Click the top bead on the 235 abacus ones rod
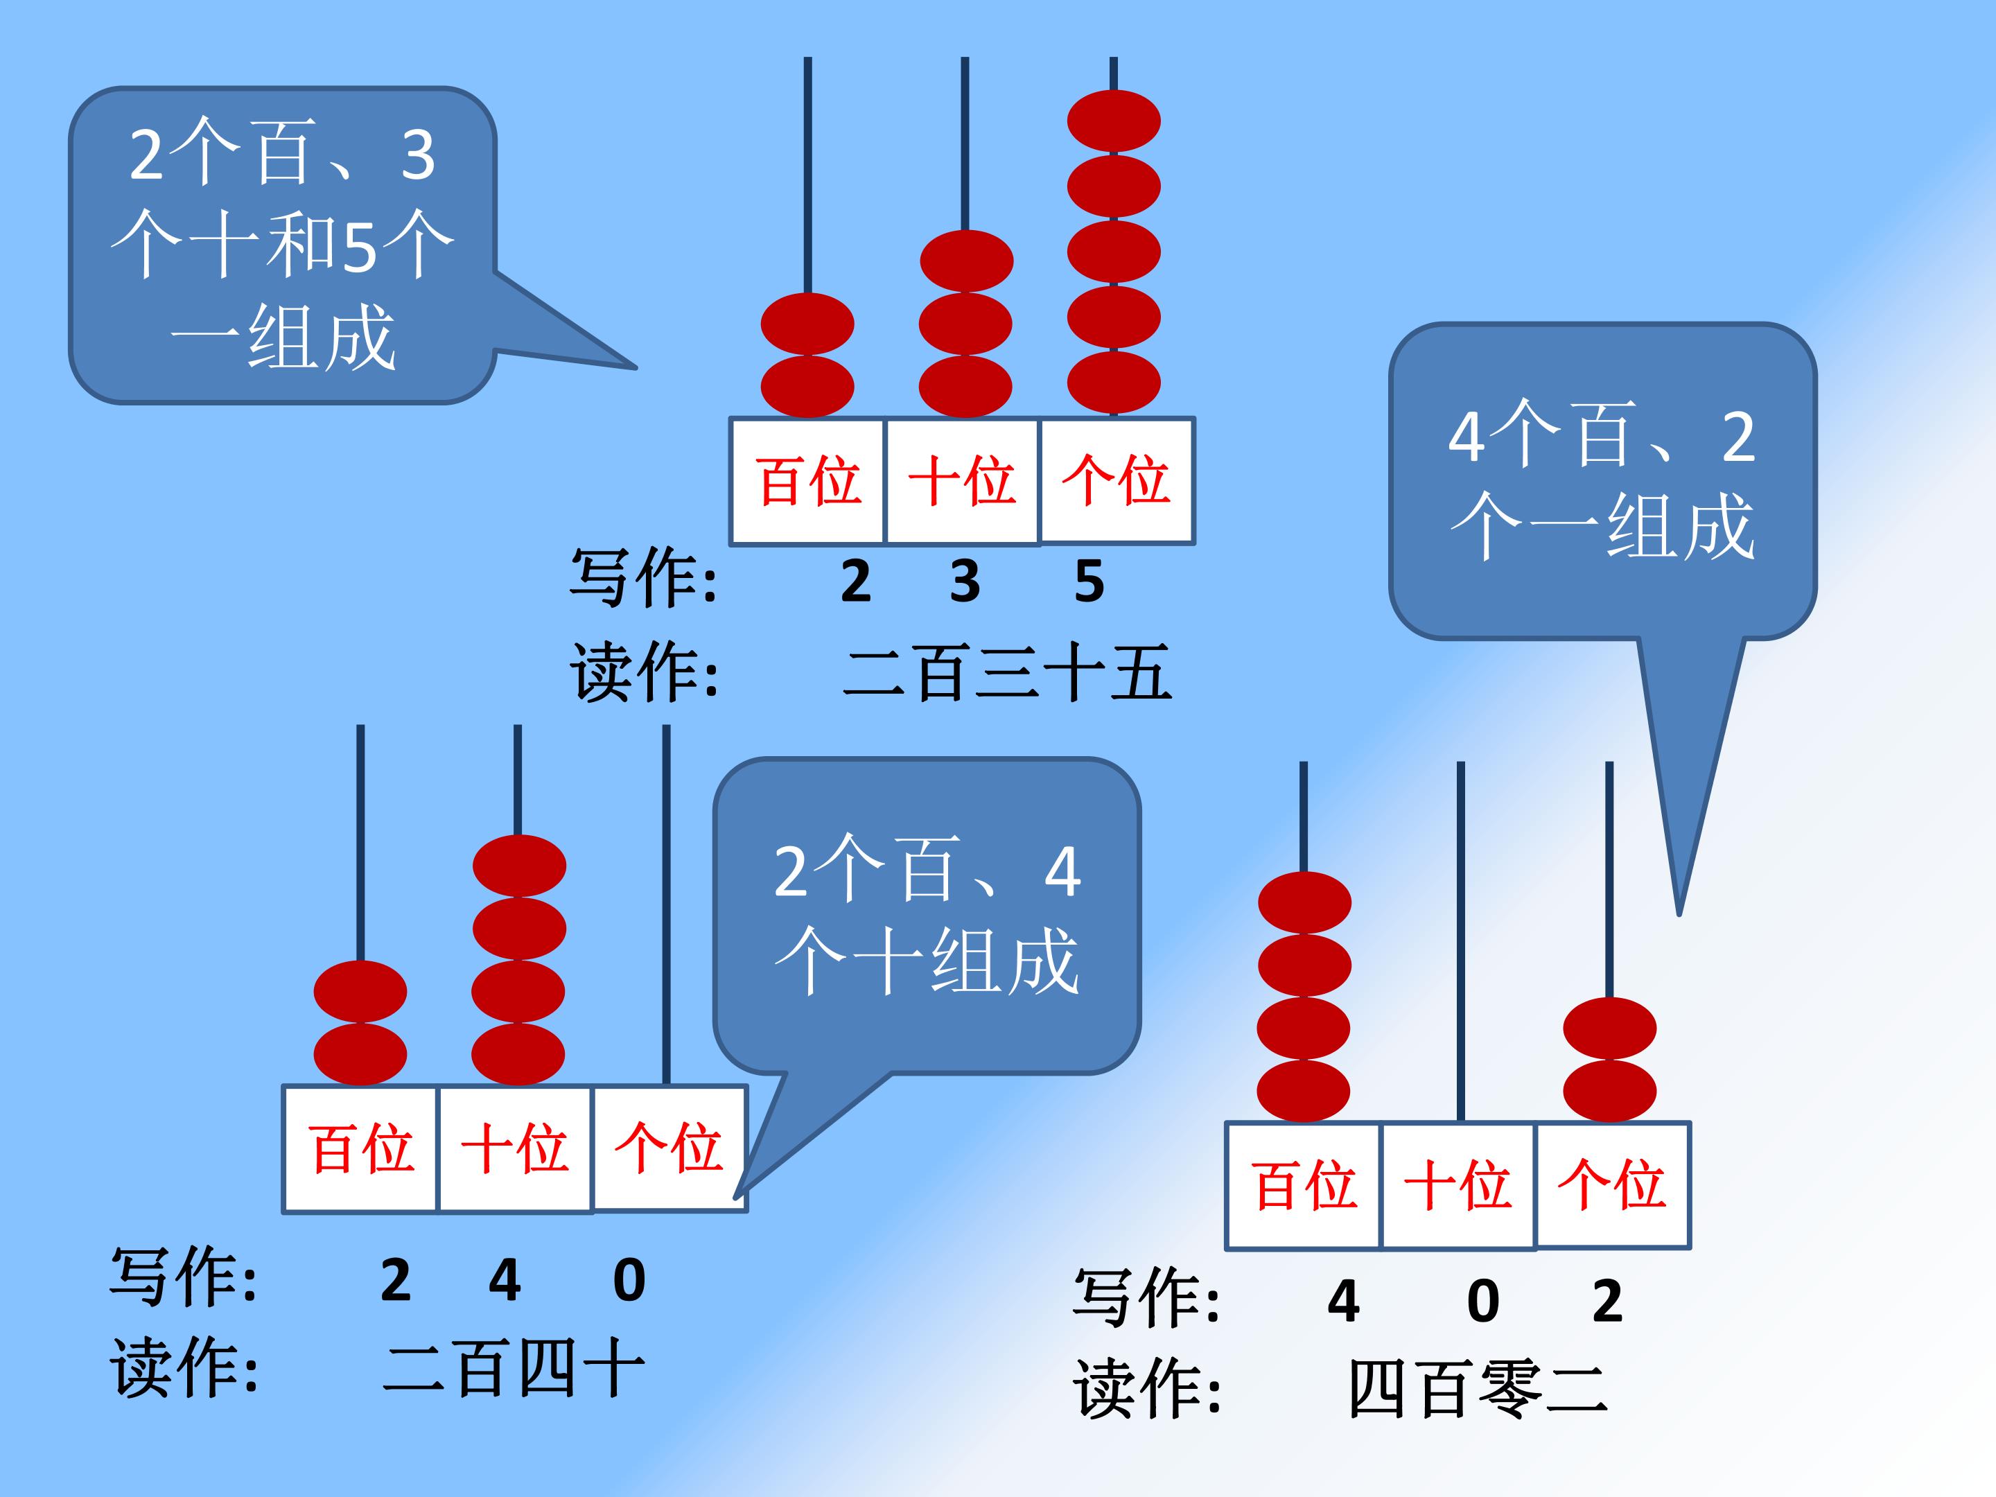pyautogui.click(x=1114, y=121)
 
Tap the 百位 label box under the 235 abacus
pyautogui.click(x=807, y=481)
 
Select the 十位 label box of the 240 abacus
pyautogui.click(x=515, y=1148)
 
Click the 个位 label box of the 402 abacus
pyautogui.click(x=1613, y=1185)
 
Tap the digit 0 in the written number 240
pyautogui.click(x=629, y=1281)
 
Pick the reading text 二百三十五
pyautogui.click(x=1007, y=672)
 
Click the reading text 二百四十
pyautogui.click(x=514, y=1368)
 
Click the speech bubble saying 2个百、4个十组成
pyautogui.click(x=927, y=916)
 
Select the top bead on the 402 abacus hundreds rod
pyautogui.click(x=1304, y=902)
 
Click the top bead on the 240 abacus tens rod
pyautogui.click(x=519, y=866)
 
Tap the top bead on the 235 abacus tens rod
pyautogui.click(x=966, y=261)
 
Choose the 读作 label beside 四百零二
pyautogui.click(x=1147, y=1390)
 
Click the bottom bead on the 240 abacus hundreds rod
pyautogui.click(x=360, y=1054)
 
